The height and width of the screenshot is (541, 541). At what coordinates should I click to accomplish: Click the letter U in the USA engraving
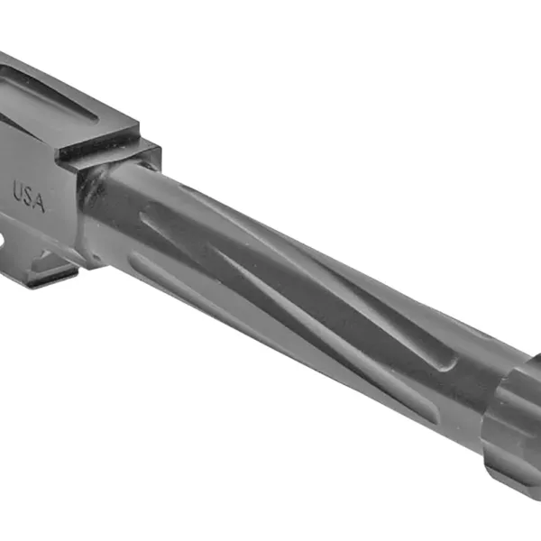coord(19,190)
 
